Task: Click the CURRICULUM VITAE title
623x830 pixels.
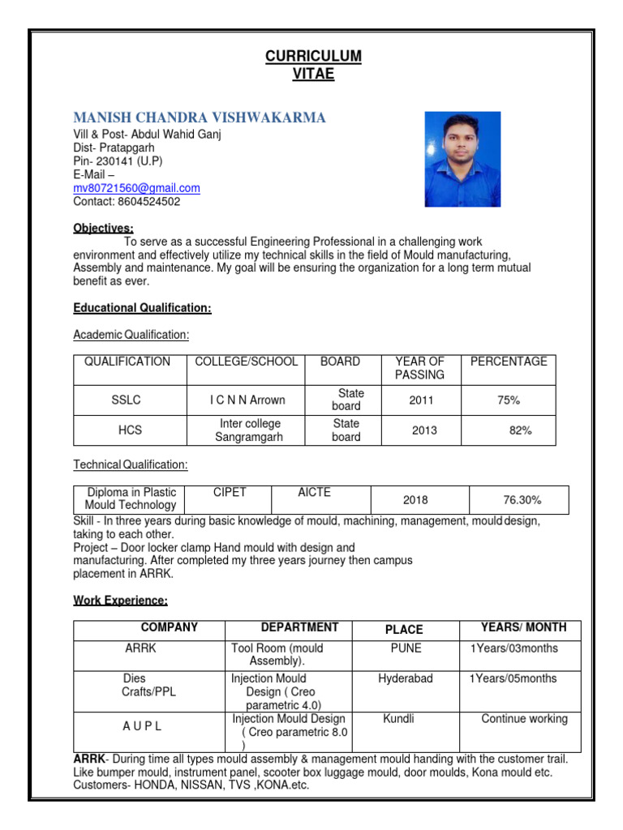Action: [312, 65]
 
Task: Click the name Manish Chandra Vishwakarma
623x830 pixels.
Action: [200, 118]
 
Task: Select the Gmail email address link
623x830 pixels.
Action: [136, 188]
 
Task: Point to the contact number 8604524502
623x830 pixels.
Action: [127, 202]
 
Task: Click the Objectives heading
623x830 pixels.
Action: [103, 229]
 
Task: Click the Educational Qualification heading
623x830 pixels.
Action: [142, 308]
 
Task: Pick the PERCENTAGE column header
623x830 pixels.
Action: [509, 362]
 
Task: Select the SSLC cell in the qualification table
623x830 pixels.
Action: [130, 400]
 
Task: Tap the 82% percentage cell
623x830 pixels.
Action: [520, 430]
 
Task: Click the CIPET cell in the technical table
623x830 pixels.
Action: [230, 492]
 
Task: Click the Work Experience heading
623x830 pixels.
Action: [120, 601]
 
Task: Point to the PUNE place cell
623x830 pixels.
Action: [406, 648]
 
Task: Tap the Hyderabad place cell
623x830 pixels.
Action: [406, 678]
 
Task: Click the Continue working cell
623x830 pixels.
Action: [524, 719]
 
